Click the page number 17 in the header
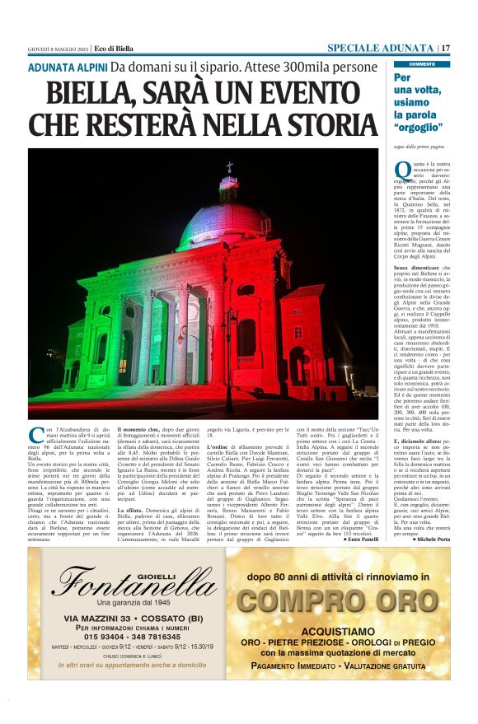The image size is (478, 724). (x=445, y=48)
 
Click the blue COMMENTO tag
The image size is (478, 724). (x=421, y=63)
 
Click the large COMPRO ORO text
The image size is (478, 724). (x=338, y=601)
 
